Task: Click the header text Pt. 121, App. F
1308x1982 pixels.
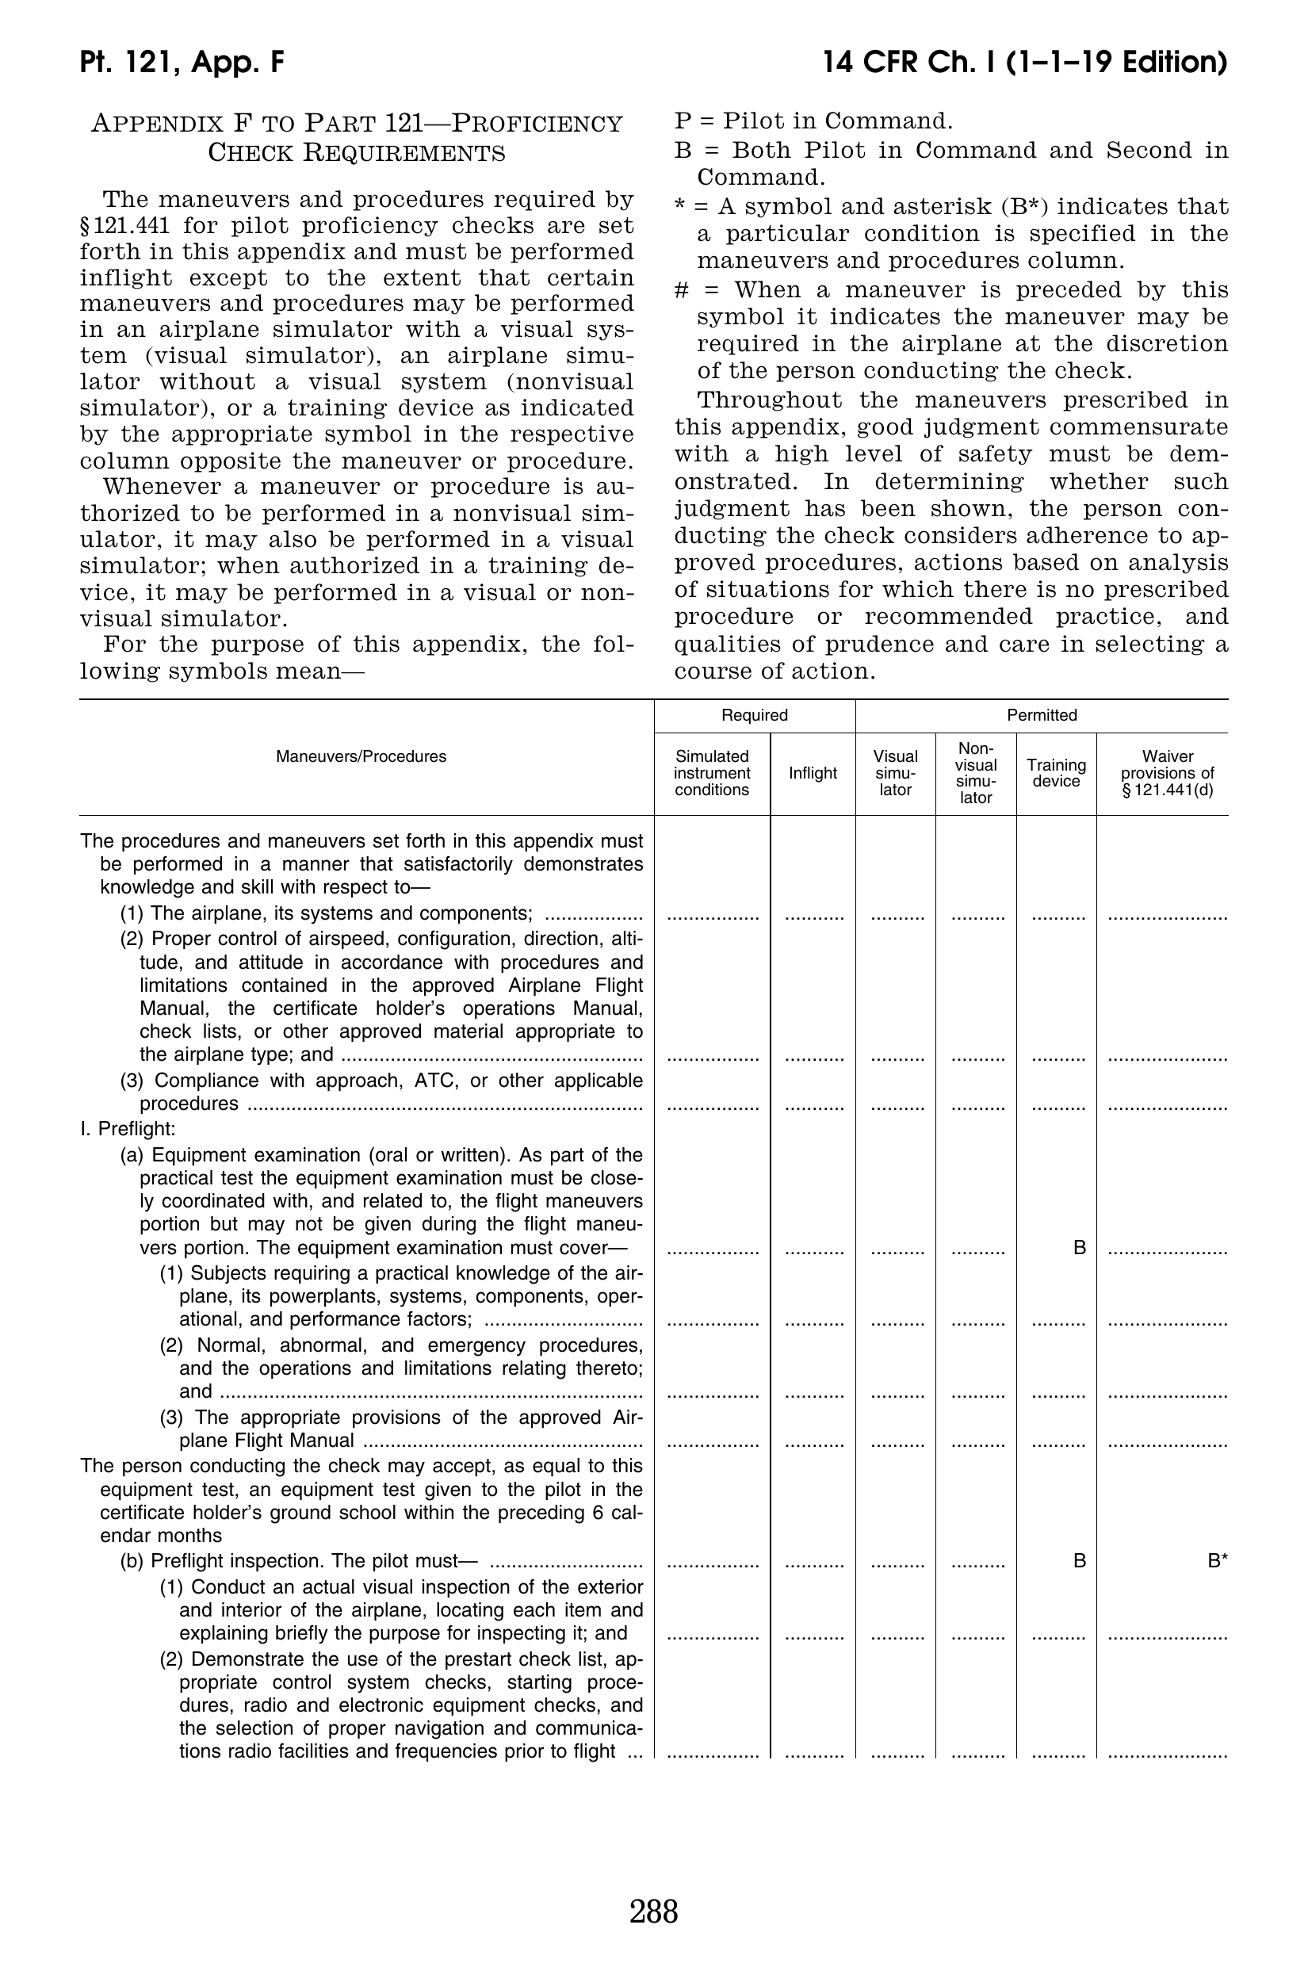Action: point(182,63)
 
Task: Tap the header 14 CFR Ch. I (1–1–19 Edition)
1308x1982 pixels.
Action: point(1024,63)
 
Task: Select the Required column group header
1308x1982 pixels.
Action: point(754,715)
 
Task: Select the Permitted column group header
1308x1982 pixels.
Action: point(1042,715)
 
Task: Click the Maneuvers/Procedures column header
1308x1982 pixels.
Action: point(361,756)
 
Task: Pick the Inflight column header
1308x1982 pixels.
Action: point(813,773)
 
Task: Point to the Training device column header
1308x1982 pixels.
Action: point(1056,773)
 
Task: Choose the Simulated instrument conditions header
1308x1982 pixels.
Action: point(712,773)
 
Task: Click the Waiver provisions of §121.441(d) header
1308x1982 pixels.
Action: point(1167,773)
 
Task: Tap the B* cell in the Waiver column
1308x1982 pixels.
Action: point(1217,1561)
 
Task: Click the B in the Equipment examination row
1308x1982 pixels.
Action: point(1080,1248)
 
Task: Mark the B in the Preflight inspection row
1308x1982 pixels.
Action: point(1080,1561)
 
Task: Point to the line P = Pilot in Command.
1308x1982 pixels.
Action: point(813,122)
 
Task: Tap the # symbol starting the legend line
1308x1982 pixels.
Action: point(681,290)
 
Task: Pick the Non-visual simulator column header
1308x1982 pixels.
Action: point(975,773)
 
